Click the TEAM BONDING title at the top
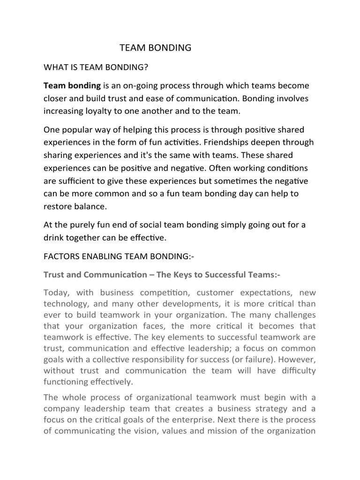click(x=156, y=48)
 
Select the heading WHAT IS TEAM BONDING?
click(x=96, y=67)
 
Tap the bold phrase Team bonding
click(x=72, y=86)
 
